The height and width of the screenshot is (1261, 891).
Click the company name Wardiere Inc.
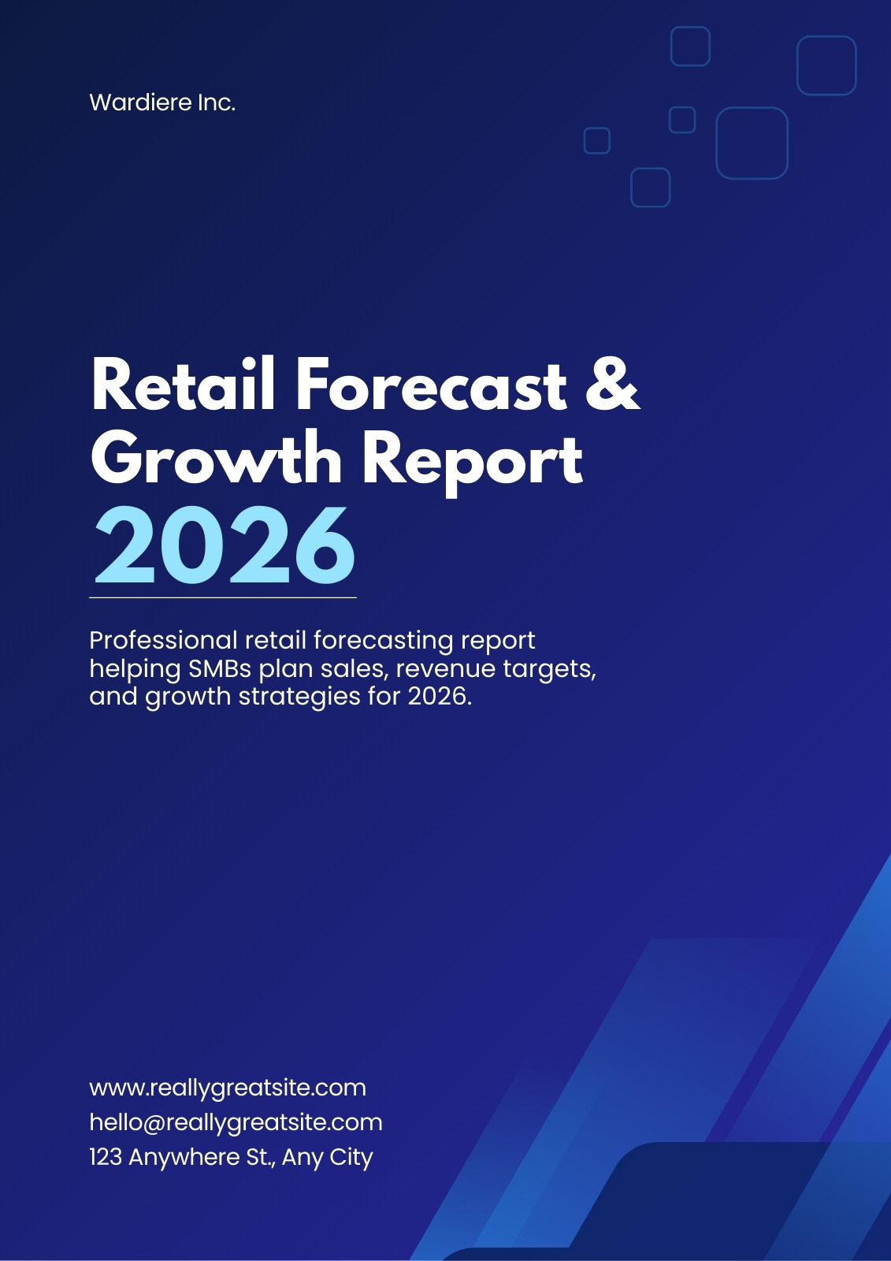click(x=162, y=102)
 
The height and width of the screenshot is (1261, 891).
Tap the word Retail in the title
click(x=183, y=384)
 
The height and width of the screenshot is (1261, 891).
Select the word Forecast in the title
click(x=431, y=384)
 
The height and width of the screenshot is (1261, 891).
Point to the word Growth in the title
click(x=216, y=458)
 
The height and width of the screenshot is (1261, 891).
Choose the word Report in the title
click(x=472, y=462)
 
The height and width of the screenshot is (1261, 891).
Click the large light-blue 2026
click(x=224, y=545)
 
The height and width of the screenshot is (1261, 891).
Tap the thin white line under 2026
click(x=223, y=597)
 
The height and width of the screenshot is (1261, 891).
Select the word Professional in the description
click(x=163, y=640)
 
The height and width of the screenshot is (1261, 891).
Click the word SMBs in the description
click(x=220, y=668)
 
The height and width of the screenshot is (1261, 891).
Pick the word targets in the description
click(x=549, y=669)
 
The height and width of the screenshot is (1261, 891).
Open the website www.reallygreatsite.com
click(x=228, y=1088)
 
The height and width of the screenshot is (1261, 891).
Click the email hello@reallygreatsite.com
click(x=236, y=1122)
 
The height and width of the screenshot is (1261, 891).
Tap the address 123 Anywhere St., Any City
click(x=231, y=1157)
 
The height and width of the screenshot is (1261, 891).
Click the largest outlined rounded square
click(x=752, y=107)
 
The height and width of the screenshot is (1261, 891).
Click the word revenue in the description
click(x=445, y=670)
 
